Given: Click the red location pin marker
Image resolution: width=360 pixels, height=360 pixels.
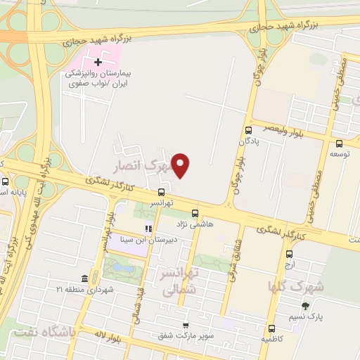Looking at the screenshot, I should pyautogui.click(x=181, y=165).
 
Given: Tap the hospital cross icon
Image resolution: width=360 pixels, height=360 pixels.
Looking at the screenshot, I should pyautogui.click(x=98, y=63).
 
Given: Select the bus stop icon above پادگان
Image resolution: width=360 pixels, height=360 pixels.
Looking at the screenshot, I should pyautogui.click(x=247, y=130).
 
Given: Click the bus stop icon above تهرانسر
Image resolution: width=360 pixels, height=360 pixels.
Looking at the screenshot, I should pyautogui.click(x=162, y=191).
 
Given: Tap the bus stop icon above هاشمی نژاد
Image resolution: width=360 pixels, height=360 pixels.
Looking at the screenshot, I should pyautogui.click(x=195, y=213).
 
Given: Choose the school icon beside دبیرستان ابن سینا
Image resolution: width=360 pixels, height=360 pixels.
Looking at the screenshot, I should pyautogui.click(x=148, y=229).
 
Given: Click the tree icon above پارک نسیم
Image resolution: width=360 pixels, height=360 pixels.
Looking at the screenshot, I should pyautogui.click(x=304, y=305).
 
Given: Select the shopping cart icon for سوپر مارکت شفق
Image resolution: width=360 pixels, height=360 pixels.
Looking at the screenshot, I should pyautogui.click(x=185, y=325).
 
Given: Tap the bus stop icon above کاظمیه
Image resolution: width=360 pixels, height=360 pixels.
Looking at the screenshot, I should pyautogui.click(x=271, y=328).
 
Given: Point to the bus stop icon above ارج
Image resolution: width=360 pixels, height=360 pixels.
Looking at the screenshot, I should pyautogui.click(x=289, y=255).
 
